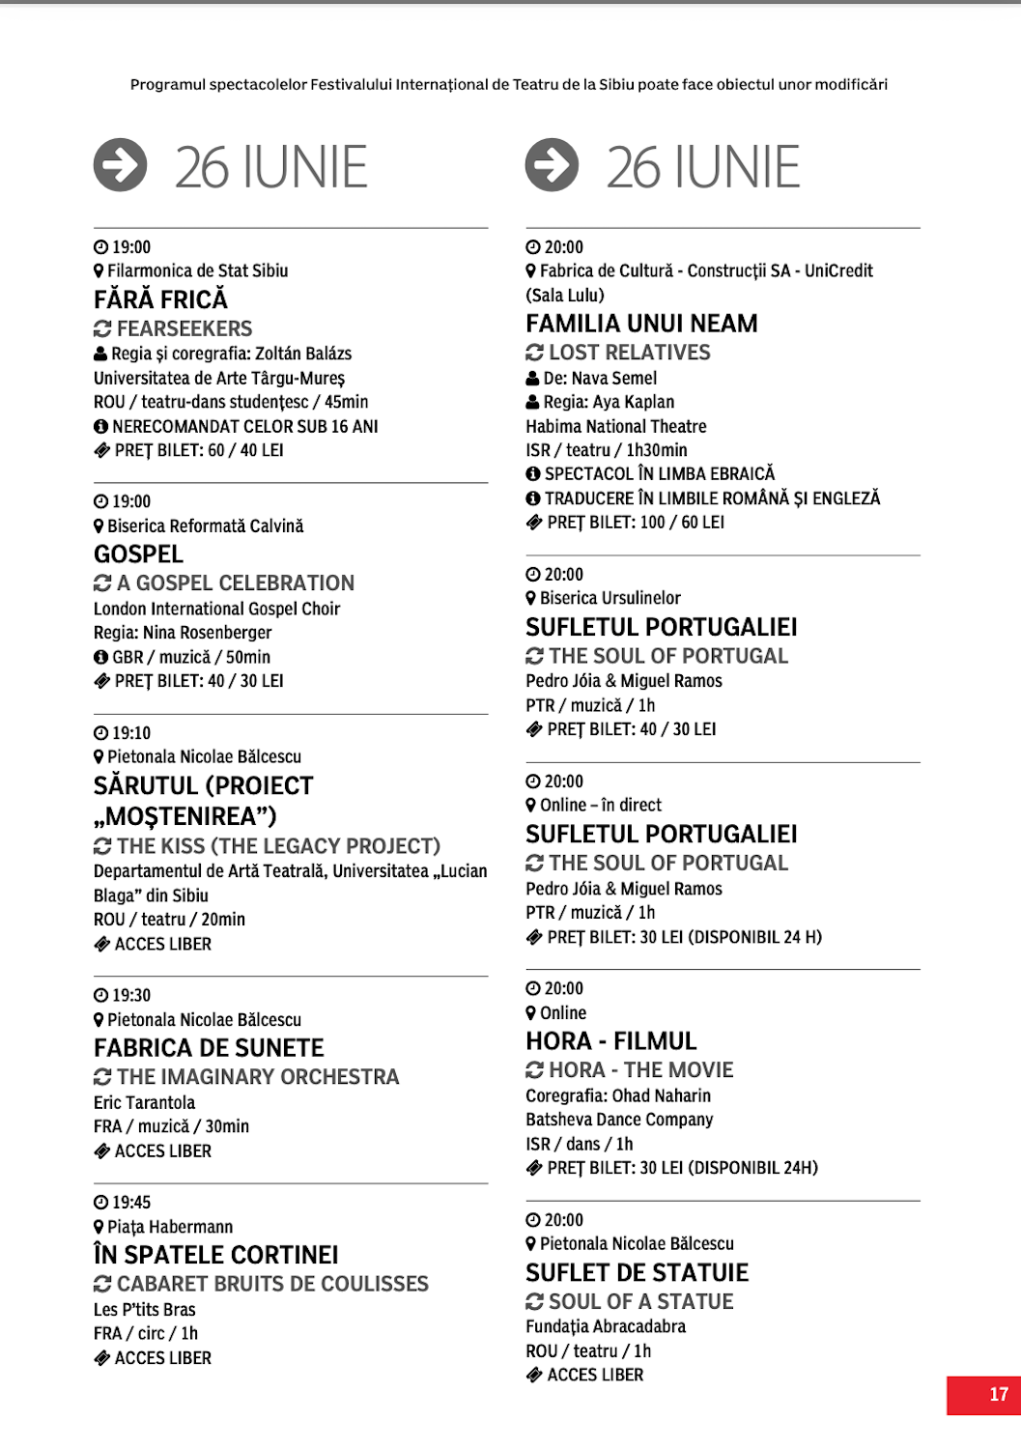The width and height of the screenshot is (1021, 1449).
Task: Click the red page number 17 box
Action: pos(983,1395)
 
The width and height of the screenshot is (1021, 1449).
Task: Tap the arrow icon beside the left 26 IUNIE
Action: pos(121,164)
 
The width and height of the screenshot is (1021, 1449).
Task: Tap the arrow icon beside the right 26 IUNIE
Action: pos(553,164)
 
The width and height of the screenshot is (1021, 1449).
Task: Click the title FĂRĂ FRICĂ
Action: pos(160,299)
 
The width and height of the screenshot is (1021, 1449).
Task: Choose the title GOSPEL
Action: pos(138,554)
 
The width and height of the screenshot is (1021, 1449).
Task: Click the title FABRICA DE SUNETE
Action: pos(209,1048)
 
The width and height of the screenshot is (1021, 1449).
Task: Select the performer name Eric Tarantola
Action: pos(144,1102)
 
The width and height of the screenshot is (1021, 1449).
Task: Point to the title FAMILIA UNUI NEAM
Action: pos(641,324)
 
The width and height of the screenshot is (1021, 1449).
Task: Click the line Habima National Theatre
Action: pos(615,426)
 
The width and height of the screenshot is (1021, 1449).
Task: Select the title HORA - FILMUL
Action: pos(610,1041)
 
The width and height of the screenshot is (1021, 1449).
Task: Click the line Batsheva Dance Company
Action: pos(619,1120)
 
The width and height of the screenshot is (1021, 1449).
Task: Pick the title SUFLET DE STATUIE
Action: pos(637,1273)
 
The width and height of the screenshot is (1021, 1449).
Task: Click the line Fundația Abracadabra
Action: pos(606,1326)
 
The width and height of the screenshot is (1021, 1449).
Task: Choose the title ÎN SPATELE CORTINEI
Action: pos(215,1255)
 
